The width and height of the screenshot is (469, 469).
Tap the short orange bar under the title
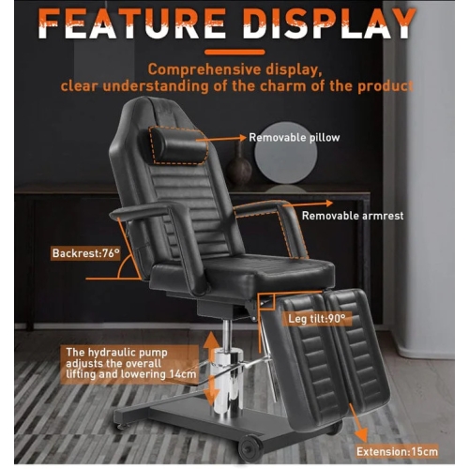coord(234,53)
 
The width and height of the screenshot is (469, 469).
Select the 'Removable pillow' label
coord(295,138)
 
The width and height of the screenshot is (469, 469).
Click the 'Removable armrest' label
coord(353,216)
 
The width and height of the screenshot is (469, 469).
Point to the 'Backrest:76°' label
coord(86,253)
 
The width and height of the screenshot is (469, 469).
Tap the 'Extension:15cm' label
coord(397,451)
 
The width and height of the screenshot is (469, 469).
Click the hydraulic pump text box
coord(130,364)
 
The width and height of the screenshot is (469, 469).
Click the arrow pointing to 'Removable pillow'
coord(221,139)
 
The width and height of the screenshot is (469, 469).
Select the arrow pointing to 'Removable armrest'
coord(308,204)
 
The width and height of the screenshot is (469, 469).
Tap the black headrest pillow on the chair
coord(176,144)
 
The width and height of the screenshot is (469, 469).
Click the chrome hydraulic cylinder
coord(228,383)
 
